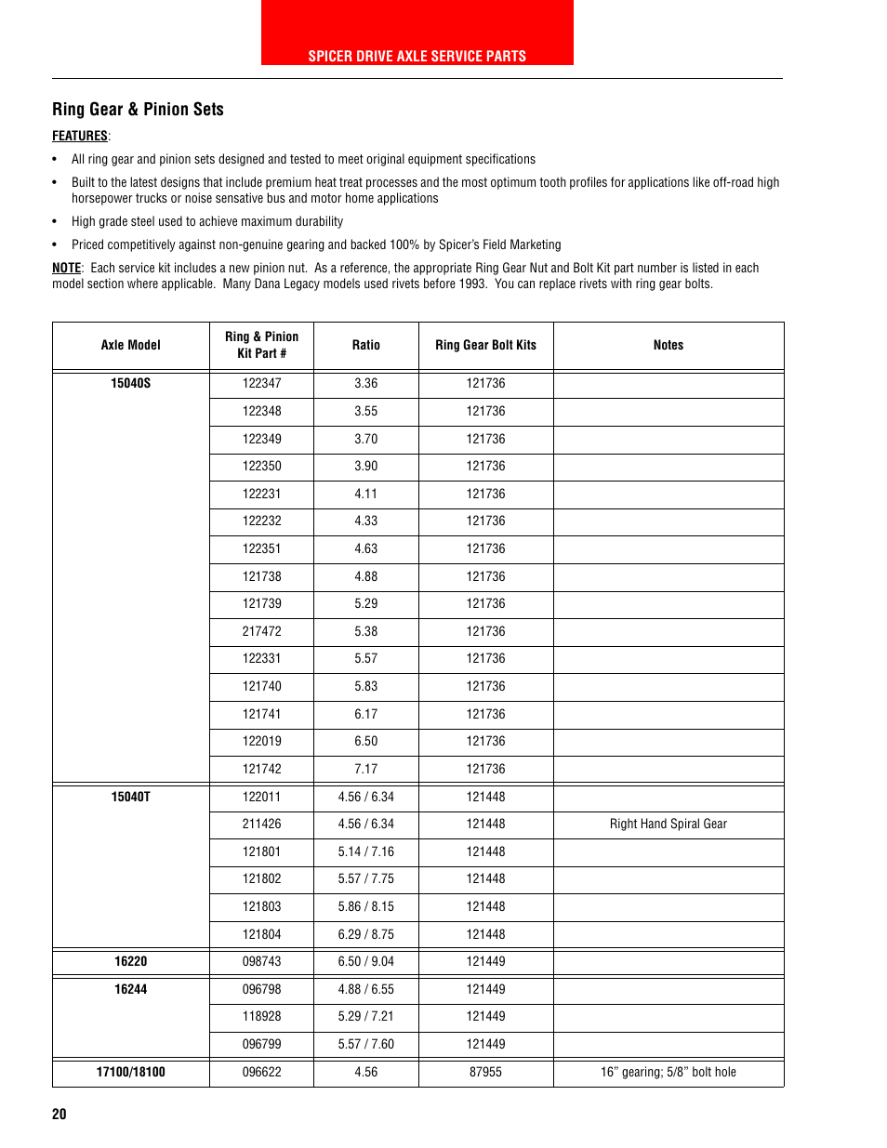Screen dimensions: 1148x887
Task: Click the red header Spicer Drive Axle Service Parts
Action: coord(417,56)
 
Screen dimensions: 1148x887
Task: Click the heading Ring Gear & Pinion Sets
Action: coord(138,110)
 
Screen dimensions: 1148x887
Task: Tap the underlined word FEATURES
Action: coord(80,136)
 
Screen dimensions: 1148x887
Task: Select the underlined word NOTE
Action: coord(66,268)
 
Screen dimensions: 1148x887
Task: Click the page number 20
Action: coord(60,1114)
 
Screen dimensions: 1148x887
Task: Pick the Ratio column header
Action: coord(365,345)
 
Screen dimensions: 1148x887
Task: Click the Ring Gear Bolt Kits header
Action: coord(485,345)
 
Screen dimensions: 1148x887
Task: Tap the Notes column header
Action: coord(668,345)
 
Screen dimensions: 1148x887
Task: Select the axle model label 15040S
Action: coord(130,383)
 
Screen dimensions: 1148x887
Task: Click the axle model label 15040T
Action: coord(130,797)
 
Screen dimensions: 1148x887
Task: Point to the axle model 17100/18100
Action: coord(130,1072)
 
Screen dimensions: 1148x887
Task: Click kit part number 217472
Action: coord(261,631)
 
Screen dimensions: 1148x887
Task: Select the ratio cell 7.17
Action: coord(365,769)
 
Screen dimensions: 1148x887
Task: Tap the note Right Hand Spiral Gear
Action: coord(668,824)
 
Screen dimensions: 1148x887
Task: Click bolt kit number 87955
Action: coord(485,1072)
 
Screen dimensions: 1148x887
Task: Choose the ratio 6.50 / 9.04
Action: coord(365,961)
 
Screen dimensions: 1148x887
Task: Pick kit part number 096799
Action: coord(261,1044)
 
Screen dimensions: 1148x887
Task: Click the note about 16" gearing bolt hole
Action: coord(668,1072)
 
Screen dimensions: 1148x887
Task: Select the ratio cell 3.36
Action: coord(365,383)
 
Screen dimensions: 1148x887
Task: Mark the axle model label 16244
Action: coord(130,989)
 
